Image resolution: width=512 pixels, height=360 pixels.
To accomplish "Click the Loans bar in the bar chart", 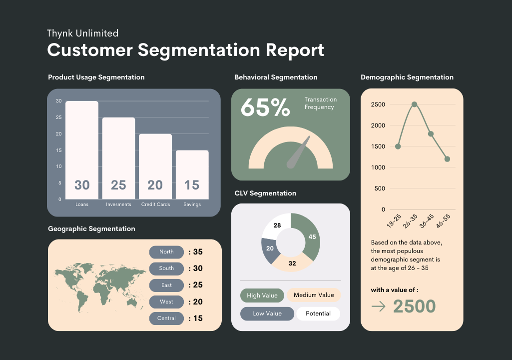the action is coord(82,150).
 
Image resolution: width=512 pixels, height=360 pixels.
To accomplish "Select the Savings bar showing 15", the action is coord(192,174).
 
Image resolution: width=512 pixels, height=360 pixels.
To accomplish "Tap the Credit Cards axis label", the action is coord(155,204).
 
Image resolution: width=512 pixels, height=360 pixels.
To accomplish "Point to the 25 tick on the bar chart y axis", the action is coord(59,117).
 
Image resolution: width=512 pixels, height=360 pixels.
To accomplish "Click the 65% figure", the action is coord(265,107).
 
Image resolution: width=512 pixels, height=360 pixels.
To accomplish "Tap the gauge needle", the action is coord(298,152).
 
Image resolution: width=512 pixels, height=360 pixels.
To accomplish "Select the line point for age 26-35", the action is coord(415,104).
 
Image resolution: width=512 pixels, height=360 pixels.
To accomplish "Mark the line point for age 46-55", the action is coord(448,159).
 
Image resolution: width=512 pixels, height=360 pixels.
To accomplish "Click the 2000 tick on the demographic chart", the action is coord(378,125).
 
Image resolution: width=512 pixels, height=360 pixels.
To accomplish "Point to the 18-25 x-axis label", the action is coord(394,220).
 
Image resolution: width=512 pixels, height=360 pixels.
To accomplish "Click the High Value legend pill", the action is coord(262,295).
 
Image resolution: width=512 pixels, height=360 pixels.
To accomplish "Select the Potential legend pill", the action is coord(318,313).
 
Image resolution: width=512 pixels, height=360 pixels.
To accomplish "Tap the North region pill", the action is coord(166,252).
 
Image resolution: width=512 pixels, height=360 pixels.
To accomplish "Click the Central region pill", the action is coord(166,318).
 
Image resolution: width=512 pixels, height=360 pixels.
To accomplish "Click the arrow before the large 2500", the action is coord(379,306).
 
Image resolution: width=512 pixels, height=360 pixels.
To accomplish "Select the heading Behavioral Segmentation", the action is coord(276,77).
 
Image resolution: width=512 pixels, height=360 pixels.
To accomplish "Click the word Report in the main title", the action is coord(295,50).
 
